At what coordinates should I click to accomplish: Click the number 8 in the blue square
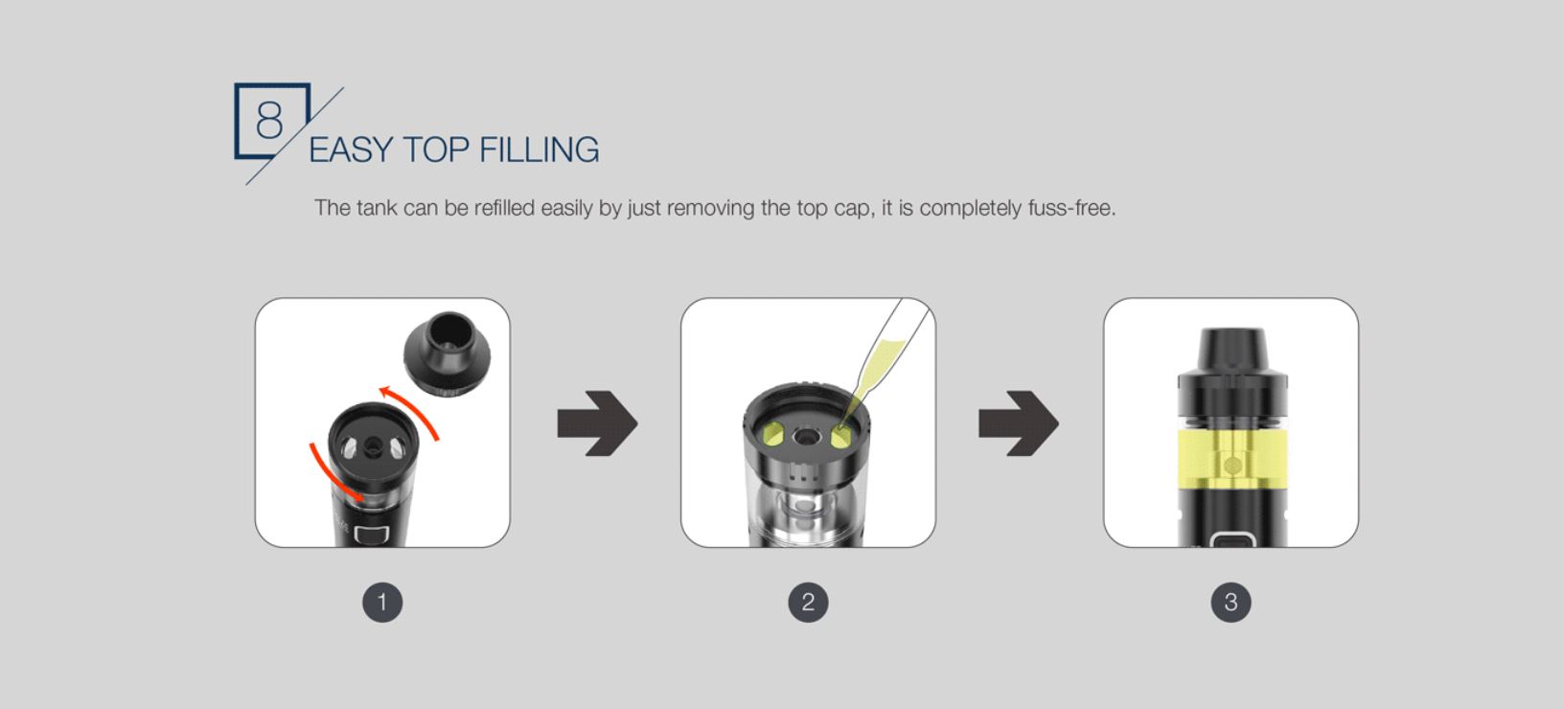[269, 120]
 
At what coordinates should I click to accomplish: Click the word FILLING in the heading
[539, 150]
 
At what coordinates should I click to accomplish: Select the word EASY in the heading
[351, 150]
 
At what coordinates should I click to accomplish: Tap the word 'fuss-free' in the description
[1071, 208]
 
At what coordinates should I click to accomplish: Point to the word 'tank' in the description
[377, 208]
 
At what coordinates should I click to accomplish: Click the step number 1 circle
[382, 603]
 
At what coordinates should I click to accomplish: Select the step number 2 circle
[809, 603]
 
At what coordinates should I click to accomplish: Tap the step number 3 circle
[1230, 603]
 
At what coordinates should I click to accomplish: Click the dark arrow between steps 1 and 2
[597, 423]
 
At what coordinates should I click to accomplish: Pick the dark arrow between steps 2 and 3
[1019, 423]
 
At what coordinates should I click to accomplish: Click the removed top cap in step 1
[447, 354]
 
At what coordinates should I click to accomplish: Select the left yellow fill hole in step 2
[772, 435]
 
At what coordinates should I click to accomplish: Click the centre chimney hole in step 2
[807, 437]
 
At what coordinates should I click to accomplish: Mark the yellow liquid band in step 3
[1232, 458]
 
